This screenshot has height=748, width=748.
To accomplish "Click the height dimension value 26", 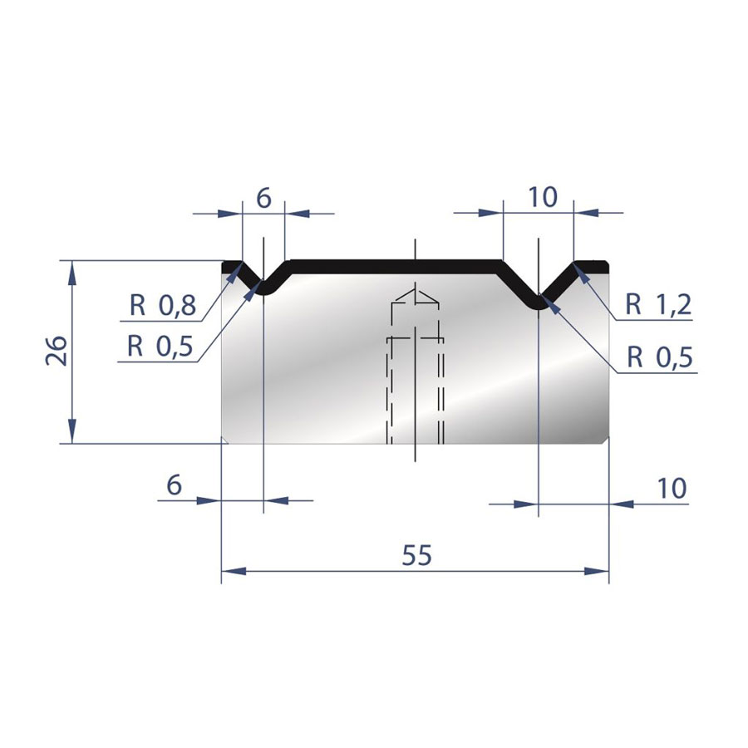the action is coord(57,351).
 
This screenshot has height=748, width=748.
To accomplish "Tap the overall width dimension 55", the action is coord(416,555).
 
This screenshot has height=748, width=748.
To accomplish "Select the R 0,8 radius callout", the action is coord(163,305).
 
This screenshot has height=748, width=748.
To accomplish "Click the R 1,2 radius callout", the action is coord(658,304).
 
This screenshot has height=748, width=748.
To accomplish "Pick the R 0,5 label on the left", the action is coord(160,347).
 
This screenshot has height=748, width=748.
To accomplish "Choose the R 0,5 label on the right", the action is coord(660,357).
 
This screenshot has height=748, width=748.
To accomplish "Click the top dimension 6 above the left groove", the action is coord(263,198).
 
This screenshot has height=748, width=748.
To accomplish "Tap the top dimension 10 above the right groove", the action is coord(543,196).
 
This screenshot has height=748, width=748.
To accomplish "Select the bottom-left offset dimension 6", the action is coord(175,485).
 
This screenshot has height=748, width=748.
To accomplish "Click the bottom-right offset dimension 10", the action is coord(672,488).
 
